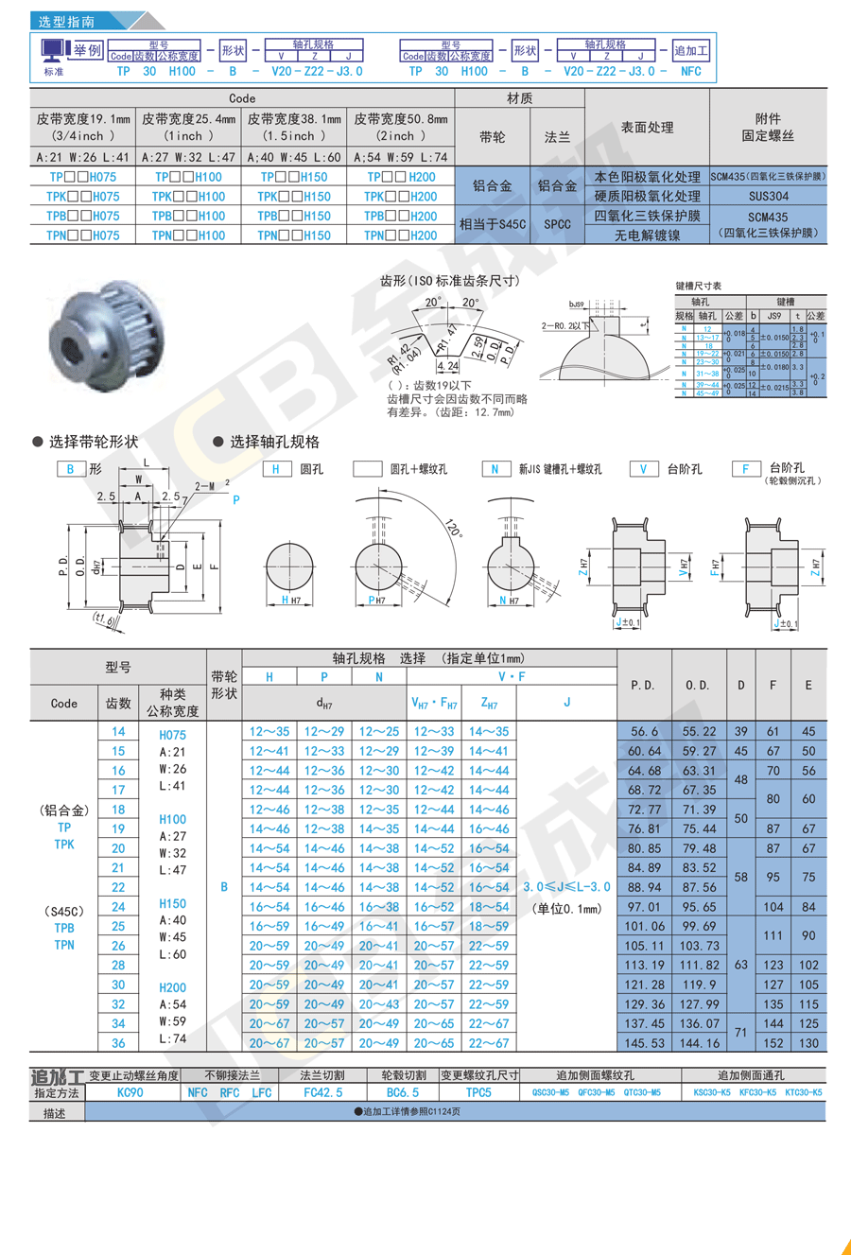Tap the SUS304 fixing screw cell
click(x=767, y=197)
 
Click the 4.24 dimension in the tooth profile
click(x=448, y=366)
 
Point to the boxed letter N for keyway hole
click(x=495, y=469)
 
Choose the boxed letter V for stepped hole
click(x=643, y=469)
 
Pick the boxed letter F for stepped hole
click(x=745, y=469)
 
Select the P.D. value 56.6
click(x=644, y=732)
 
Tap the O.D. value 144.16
click(x=700, y=1043)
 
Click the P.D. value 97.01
click(x=644, y=907)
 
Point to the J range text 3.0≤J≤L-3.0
click(x=566, y=887)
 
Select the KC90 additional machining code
click(x=130, y=1092)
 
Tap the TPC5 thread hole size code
click(x=478, y=1092)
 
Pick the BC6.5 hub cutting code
click(x=402, y=1092)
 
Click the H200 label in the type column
click(x=173, y=987)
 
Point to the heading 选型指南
click(x=65, y=21)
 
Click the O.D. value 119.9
click(x=700, y=985)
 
